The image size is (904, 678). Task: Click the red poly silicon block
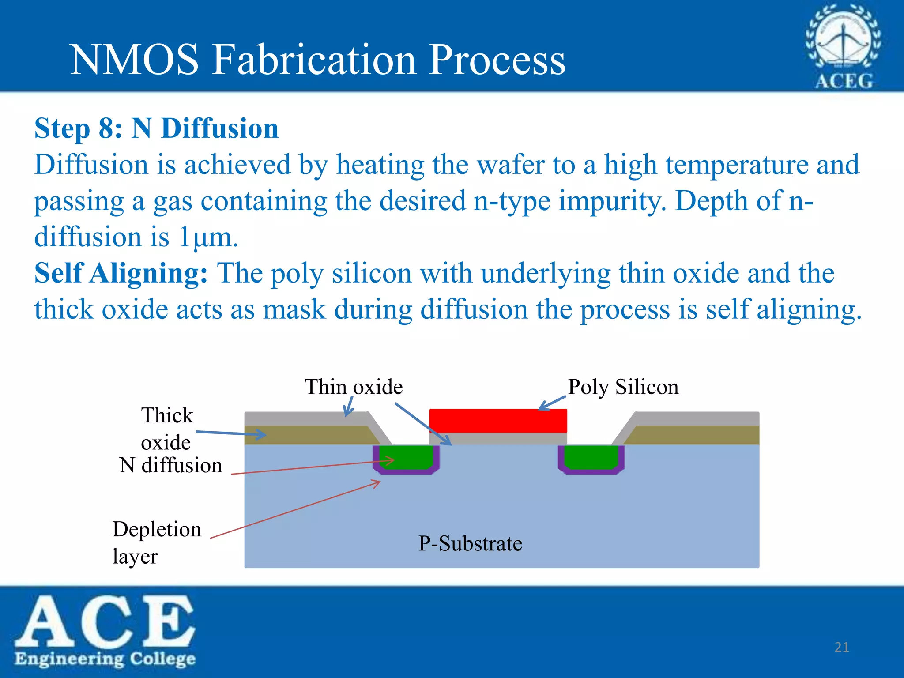pyautogui.click(x=498, y=420)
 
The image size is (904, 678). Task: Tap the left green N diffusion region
pyautogui.click(x=407, y=456)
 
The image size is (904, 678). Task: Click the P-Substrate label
pyautogui.click(x=470, y=543)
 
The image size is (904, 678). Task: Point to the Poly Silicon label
pyautogui.click(x=623, y=387)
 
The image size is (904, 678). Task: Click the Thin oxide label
pyautogui.click(x=354, y=387)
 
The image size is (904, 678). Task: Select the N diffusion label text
pyautogui.click(x=171, y=465)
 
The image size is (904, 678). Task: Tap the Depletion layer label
pyautogui.click(x=156, y=542)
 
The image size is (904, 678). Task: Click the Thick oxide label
pyautogui.click(x=167, y=428)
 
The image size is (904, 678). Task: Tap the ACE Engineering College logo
pyautogui.click(x=105, y=630)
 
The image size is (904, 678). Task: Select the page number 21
pyautogui.click(x=842, y=647)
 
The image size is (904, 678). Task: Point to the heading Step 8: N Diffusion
pyautogui.click(x=156, y=128)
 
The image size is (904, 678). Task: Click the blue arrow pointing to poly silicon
pyautogui.click(x=552, y=403)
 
